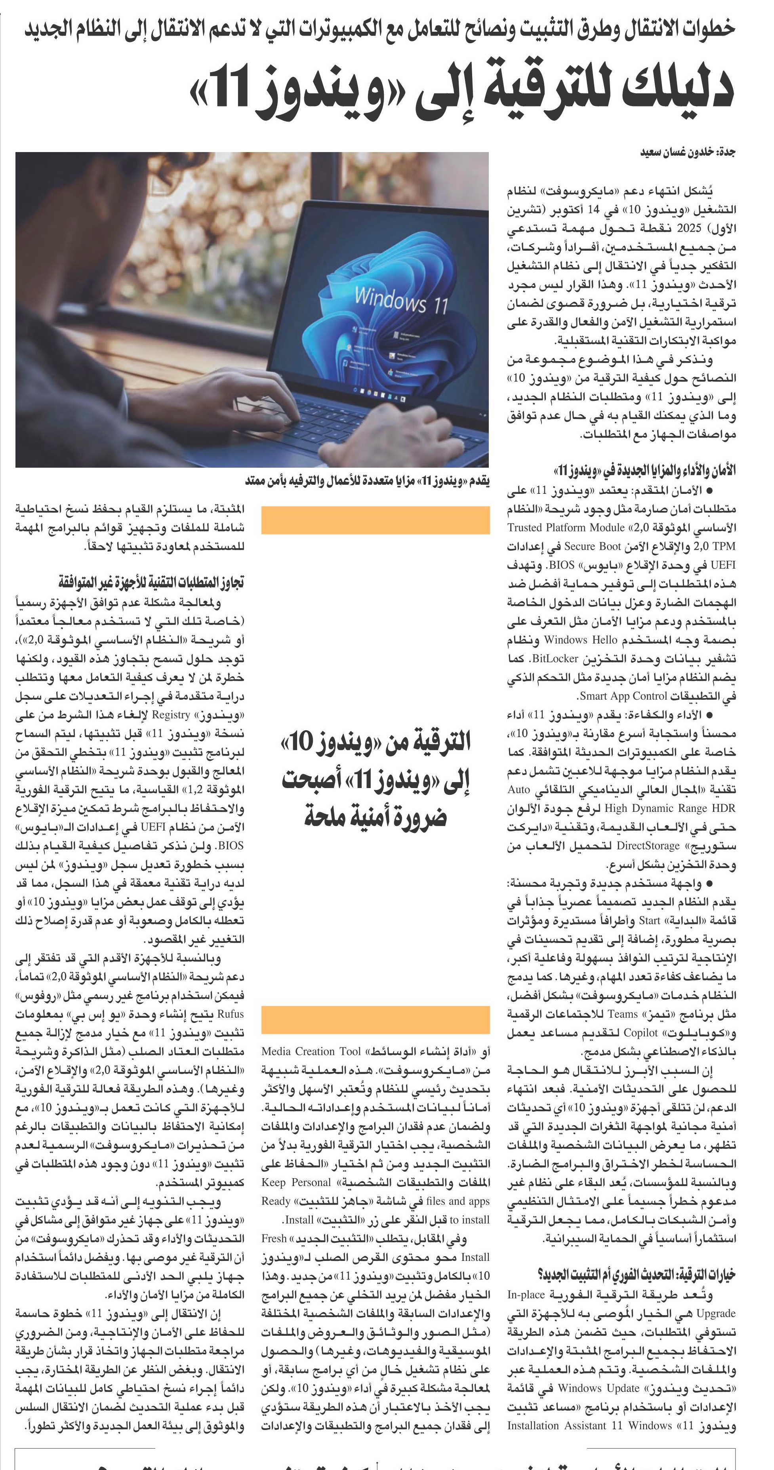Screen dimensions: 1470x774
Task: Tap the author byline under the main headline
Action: coord(687,152)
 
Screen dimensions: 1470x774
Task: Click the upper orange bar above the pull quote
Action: coord(376,520)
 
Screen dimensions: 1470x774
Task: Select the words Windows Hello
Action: coord(581,640)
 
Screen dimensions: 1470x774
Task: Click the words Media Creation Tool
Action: coord(312,1051)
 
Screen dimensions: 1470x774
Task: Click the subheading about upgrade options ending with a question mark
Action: coord(637,1275)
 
